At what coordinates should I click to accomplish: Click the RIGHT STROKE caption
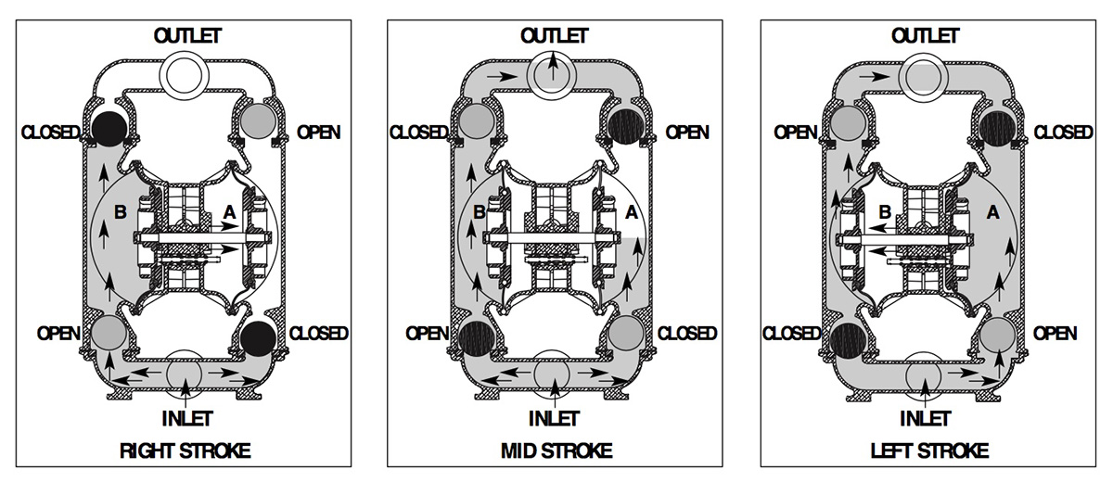(x=185, y=452)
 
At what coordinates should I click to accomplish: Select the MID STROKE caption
(x=555, y=452)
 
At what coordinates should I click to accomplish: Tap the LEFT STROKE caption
(x=928, y=452)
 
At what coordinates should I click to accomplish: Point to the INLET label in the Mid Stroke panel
(x=555, y=418)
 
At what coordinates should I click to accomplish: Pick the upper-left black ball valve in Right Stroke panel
(x=110, y=126)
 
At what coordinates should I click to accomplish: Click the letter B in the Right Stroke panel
(x=119, y=211)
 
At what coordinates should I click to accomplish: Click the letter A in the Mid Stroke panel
(x=633, y=211)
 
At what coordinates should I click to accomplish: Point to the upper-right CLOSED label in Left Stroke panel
(x=1063, y=133)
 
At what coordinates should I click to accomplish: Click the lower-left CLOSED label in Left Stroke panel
(x=791, y=333)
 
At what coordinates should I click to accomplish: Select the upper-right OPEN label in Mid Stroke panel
(x=687, y=133)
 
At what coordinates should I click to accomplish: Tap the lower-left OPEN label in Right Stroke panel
(x=56, y=333)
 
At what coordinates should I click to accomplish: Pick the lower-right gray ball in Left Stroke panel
(x=998, y=332)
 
